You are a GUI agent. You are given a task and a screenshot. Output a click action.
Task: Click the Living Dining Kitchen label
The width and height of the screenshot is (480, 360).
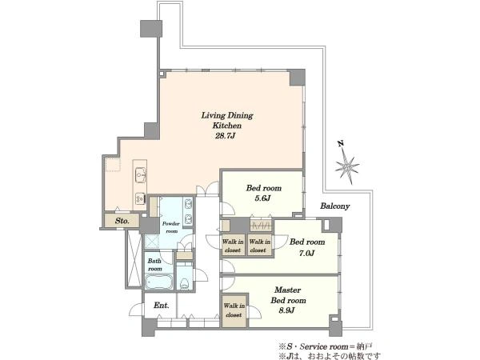(x=227, y=120)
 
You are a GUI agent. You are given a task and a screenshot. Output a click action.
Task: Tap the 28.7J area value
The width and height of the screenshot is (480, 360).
(x=225, y=136)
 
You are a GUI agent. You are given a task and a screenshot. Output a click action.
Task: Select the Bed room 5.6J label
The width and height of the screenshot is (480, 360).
(x=263, y=193)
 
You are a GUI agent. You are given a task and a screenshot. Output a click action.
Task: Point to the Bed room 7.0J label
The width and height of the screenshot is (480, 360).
(x=307, y=247)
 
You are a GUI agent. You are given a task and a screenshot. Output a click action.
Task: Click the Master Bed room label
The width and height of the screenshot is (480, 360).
(x=288, y=295)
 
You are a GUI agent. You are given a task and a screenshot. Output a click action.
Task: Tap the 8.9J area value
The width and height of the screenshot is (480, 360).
(x=286, y=310)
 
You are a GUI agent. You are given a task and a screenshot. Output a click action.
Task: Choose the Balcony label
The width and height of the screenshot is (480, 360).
(x=335, y=206)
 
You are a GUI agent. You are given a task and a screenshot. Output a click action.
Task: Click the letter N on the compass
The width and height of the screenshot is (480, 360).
(x=340, y=143)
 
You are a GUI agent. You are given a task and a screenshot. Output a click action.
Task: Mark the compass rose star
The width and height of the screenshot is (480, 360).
(x=347, y=167)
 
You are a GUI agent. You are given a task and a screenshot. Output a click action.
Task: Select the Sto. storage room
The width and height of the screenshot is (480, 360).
(x=122, y=221)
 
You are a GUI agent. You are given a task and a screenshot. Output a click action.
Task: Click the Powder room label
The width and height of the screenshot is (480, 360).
(x=171, y=227)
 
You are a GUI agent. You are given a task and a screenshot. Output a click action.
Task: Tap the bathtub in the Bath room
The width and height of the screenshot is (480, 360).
(x=158, y=282)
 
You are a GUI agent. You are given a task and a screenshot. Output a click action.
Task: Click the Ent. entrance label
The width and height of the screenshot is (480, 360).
(x=162, y=306)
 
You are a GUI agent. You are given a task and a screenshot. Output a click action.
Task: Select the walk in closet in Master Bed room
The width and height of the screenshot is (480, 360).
(x=234, y=310)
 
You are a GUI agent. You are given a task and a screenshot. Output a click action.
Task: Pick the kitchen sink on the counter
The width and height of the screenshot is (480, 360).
(x=140, y=175)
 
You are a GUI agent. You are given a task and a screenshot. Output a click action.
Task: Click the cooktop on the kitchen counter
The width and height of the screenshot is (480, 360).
(x=140, y=198)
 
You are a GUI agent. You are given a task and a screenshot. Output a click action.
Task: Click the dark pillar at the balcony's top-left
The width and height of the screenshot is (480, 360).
(x=151, y=29)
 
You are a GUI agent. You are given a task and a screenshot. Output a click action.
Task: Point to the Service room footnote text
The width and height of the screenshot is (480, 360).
(x=326, y=346)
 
